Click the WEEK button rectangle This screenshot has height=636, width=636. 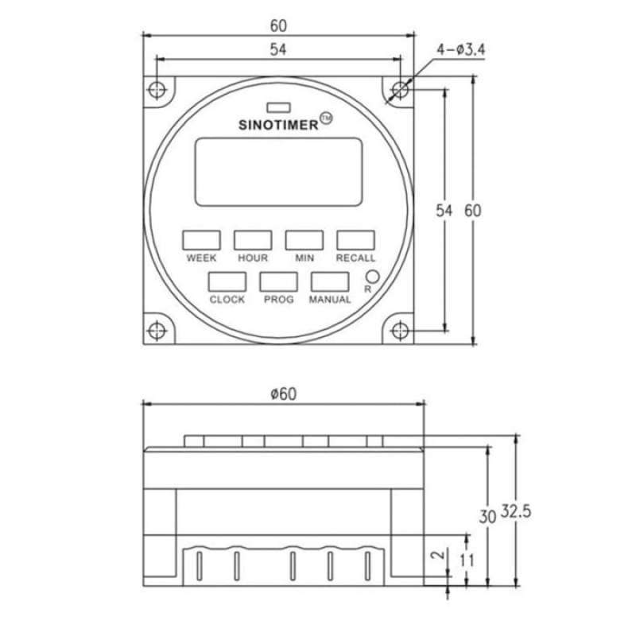click(x=201, y=240)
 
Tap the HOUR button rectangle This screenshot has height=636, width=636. click(x=252, y=240)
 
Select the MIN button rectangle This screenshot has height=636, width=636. click(x=304, y=240)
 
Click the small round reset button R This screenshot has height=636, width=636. click(x=370, y=277)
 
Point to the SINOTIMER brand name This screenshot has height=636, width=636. click(x=278, y=124)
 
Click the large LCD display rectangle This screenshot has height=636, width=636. click(x=278, y=171)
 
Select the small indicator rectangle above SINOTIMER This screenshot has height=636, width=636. click(x=278, y=106)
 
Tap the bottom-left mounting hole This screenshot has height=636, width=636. click(x=157, y=328)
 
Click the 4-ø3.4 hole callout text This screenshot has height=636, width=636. click(x=461, y=51)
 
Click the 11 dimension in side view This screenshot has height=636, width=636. click(x=467, y=560)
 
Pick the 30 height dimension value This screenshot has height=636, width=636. click(x=487, y=515)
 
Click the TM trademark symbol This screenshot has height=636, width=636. click(x=325, y=120)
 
